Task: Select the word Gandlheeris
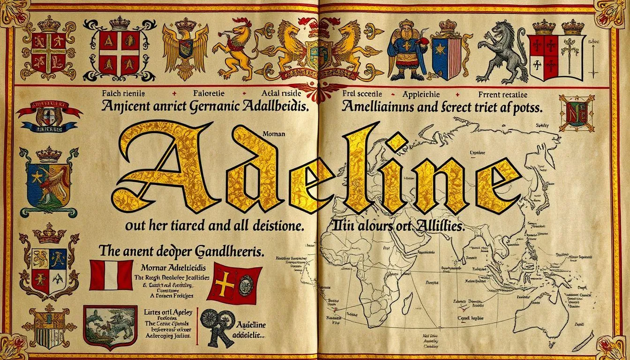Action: coord(225,252)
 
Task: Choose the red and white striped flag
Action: coord(111,275)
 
